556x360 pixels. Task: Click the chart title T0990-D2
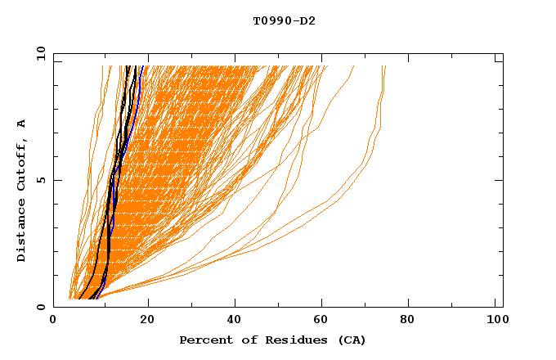coord(284,21)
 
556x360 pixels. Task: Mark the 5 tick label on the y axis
coord(40,180)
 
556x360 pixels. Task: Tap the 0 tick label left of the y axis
coord(40,307)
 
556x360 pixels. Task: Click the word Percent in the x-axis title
coord(204,340)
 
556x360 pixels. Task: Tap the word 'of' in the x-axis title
coord(243,340)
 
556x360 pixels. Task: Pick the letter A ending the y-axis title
coord(21,124)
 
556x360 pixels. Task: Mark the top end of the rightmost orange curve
coord(385,67)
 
